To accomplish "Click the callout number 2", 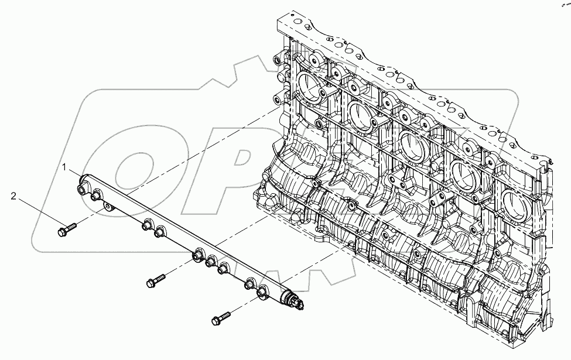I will coord(13,196).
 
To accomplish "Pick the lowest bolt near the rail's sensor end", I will coord(219,319).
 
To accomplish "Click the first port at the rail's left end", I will coord(81,190).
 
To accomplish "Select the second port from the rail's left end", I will coord(94,197).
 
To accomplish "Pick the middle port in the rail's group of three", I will coord(210,262).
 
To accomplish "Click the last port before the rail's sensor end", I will coord(262,288).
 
